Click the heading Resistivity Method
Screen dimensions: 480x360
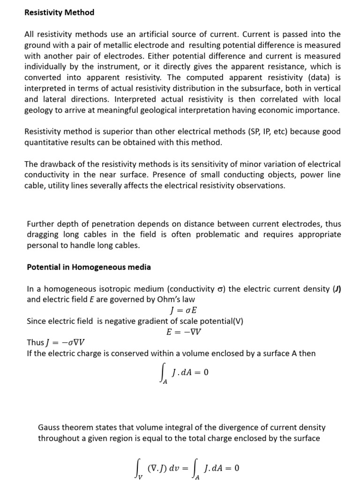tap(59, 13)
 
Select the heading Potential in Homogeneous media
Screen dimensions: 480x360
tap(89, 267)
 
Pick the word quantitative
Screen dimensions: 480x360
tap(46, 142)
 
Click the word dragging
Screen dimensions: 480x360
tap(44, 234)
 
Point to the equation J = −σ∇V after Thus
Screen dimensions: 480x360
tap(66, 342)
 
